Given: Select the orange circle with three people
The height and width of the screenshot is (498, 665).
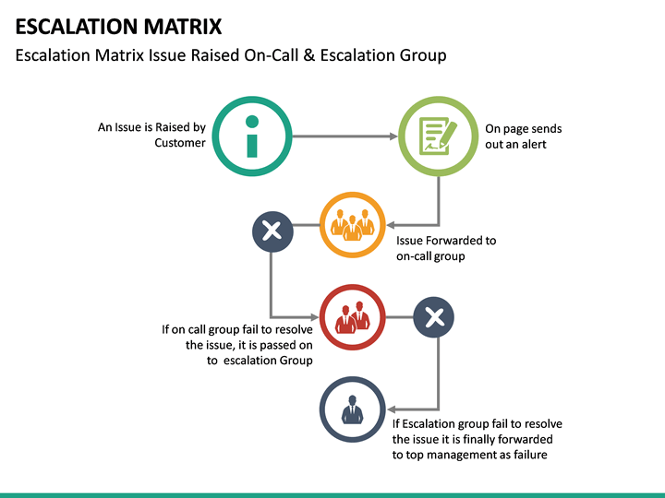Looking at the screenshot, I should tap(352, 224).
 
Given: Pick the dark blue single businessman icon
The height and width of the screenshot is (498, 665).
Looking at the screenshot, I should tap(351, 409).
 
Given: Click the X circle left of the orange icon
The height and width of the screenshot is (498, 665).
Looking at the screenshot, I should tap(272, 231).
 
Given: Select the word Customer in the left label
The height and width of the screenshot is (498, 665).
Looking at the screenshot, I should tap(180, 143).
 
